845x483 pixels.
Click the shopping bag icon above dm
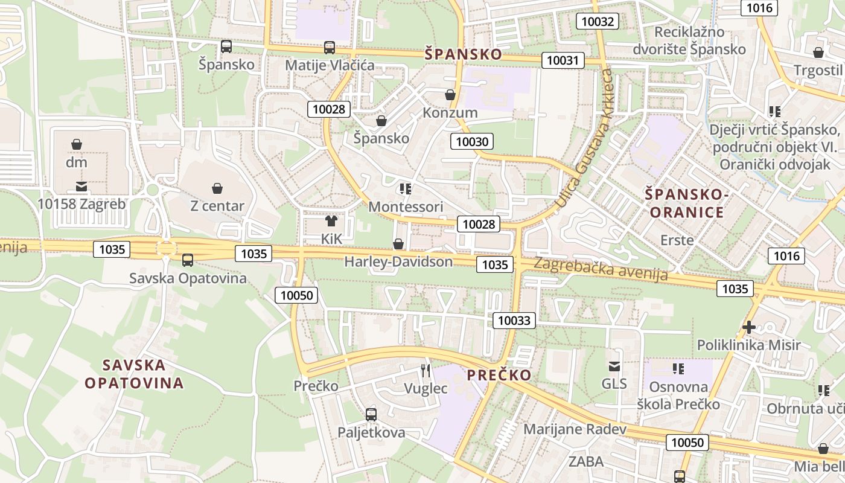coord(77,144)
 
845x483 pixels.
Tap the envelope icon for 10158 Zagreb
coord(81,187)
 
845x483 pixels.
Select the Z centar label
coord(217,206)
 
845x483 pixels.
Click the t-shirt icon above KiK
coord(331,221)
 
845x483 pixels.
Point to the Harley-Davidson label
coord(398,261)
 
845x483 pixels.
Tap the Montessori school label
coord(406,206)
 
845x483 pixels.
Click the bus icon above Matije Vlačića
coord(329,48)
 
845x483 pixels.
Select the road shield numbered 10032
coord(598,22)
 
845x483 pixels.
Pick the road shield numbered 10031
coord(563,60)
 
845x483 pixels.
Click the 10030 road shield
coord(472,142)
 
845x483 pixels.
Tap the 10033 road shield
coord(514,320)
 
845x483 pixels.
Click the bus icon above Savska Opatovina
coord(188,260)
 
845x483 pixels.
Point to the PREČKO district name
coord(499,375)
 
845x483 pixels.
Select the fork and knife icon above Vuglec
coord(426,370)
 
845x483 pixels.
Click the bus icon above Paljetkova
coord(371,415)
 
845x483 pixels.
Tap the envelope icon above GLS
coord(614,366)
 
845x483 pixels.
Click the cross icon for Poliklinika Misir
coord(749,327)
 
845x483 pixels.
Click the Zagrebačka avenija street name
coord(601,269)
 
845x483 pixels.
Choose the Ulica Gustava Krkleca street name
coord(585,139)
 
